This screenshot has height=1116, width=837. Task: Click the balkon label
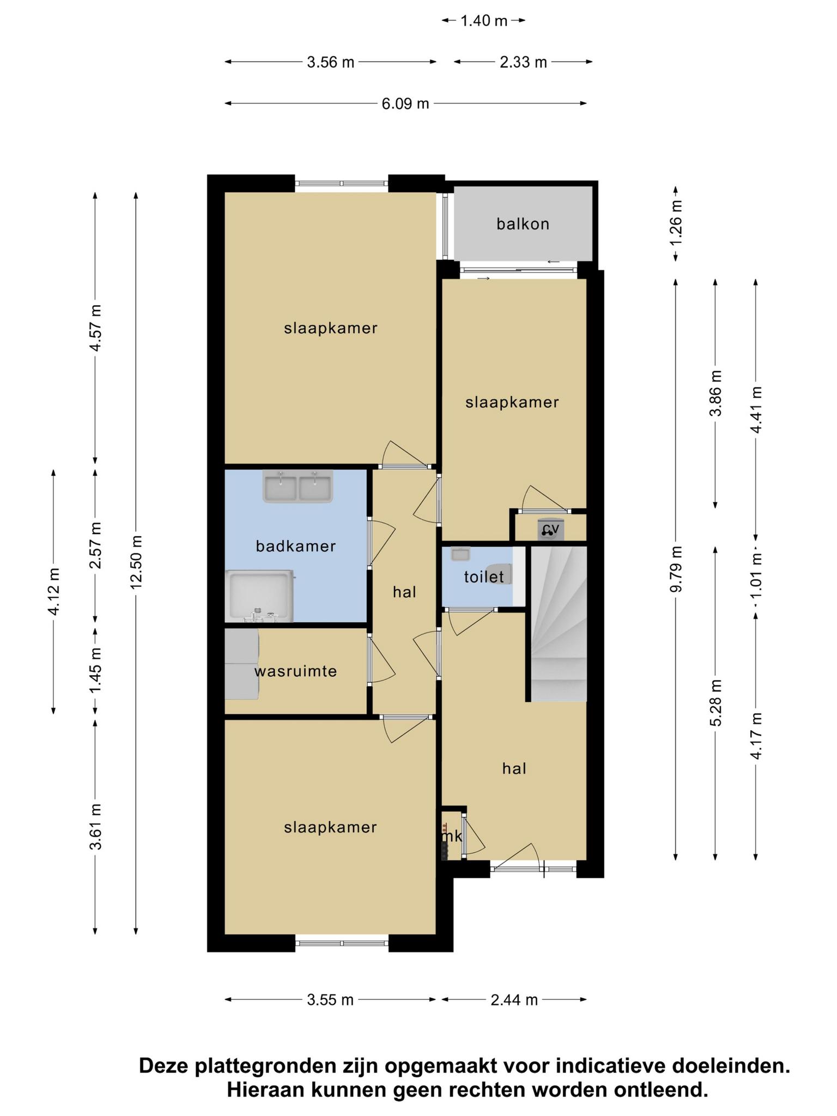[523, 224]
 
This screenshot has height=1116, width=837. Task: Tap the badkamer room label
[296, 546]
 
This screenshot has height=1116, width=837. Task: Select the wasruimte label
[296, 671]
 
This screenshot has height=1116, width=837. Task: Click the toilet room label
[483, 577]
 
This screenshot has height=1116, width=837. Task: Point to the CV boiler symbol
[550, 529]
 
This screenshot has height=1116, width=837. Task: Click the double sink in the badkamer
[298, 487]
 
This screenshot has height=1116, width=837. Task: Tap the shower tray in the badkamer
[260, 596]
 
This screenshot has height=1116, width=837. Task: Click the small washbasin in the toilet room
[460, 554]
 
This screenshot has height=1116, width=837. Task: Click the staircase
[559, 624]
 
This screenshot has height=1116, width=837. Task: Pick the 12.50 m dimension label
[136, 562]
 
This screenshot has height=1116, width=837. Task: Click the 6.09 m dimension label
[405, 104]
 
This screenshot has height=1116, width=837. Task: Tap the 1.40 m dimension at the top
[484, 21]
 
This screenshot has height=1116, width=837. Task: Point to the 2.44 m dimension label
[514, 999]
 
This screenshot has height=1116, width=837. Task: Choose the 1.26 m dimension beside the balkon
[676, 223]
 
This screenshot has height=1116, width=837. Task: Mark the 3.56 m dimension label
[331, 62]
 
